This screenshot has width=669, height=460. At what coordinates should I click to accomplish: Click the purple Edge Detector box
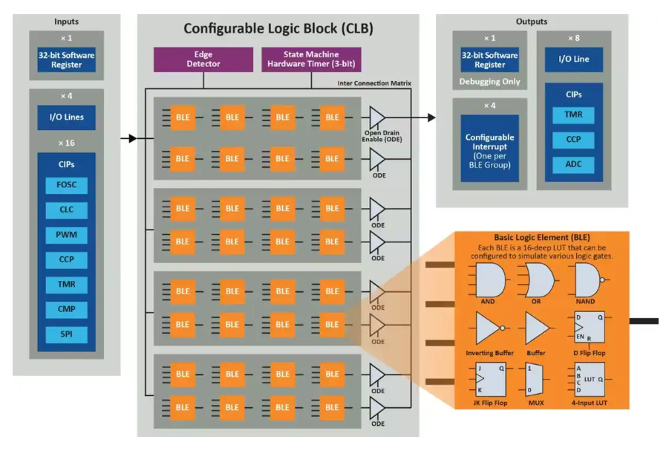click(203, 59)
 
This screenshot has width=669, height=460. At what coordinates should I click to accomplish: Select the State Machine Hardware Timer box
click(311, 59)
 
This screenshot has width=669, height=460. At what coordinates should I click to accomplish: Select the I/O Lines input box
click(66, 117)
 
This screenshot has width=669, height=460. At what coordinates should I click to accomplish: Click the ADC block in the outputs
click(572, 164)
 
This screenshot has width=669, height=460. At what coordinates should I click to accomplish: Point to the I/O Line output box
click(572, 59)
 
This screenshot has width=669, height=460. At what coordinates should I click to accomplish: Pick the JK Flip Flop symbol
click(486, 378)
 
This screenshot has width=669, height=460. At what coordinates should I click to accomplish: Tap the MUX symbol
click(535, 379)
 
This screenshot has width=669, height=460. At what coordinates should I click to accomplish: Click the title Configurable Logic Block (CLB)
click(278, 29)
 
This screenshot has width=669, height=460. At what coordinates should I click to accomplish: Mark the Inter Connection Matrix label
click(374, 83)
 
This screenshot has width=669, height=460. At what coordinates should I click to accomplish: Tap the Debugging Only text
click(490, 82)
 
